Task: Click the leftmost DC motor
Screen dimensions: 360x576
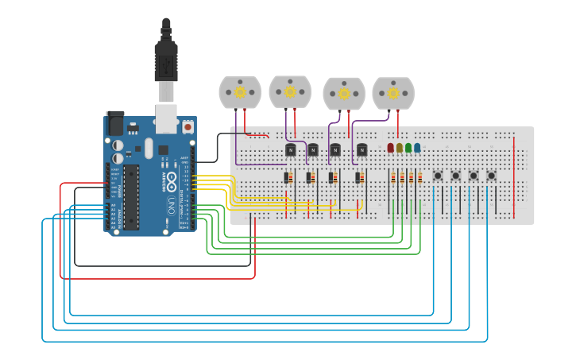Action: [x=240, y=92]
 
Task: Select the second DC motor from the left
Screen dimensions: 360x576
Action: [x=290, y=91]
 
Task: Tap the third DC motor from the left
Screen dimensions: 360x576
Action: [x=344, y=94]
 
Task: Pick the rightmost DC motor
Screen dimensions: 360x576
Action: [x=393, y=93]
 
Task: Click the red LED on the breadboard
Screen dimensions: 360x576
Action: [x=390, y=148]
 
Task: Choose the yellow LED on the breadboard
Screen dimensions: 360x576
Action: [x=400, y=148]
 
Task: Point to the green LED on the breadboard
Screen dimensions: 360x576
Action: [x=408, y=148]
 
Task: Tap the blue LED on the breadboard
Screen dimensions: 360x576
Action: [x=417, y=148]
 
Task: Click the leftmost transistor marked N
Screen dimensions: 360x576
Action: [x=291, y=149]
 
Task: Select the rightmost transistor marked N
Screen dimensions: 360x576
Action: [x=361, y=149]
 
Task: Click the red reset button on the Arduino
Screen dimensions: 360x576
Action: [x=187, y=126]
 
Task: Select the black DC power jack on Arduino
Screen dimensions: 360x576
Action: [x=115, y=123]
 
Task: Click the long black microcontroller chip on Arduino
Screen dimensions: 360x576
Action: [x=131, y=196]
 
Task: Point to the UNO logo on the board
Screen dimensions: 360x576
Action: [x=171, y=207]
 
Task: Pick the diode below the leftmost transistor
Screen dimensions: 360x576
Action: [x=288, y=178]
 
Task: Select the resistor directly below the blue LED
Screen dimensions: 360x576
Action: [x=419, y=178]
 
